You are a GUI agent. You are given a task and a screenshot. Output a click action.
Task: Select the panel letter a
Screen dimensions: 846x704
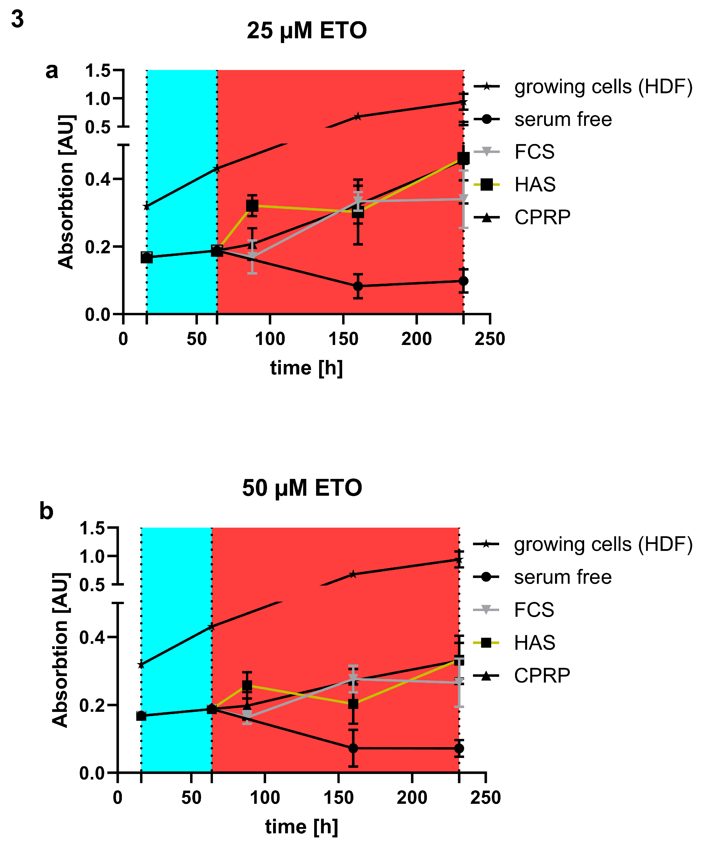click(x=52, y=71)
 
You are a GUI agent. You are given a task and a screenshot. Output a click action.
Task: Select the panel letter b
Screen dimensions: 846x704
click(x=46, y=511)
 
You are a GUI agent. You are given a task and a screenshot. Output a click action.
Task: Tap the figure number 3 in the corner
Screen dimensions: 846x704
click(x=17, y=19)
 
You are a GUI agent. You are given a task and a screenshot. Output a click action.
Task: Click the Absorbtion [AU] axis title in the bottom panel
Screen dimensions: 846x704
click(x=60, y=649)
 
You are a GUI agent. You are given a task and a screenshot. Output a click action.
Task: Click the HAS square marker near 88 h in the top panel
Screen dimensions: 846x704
click(x=252, y=206)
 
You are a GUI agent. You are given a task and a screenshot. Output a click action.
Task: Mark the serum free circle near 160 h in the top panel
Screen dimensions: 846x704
click(x=357, y=286)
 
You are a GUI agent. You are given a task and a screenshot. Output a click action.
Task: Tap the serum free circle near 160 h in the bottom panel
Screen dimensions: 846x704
click(x=353, y=748)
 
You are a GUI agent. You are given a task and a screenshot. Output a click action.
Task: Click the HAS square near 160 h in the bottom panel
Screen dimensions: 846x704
click(x=353, y=704)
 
